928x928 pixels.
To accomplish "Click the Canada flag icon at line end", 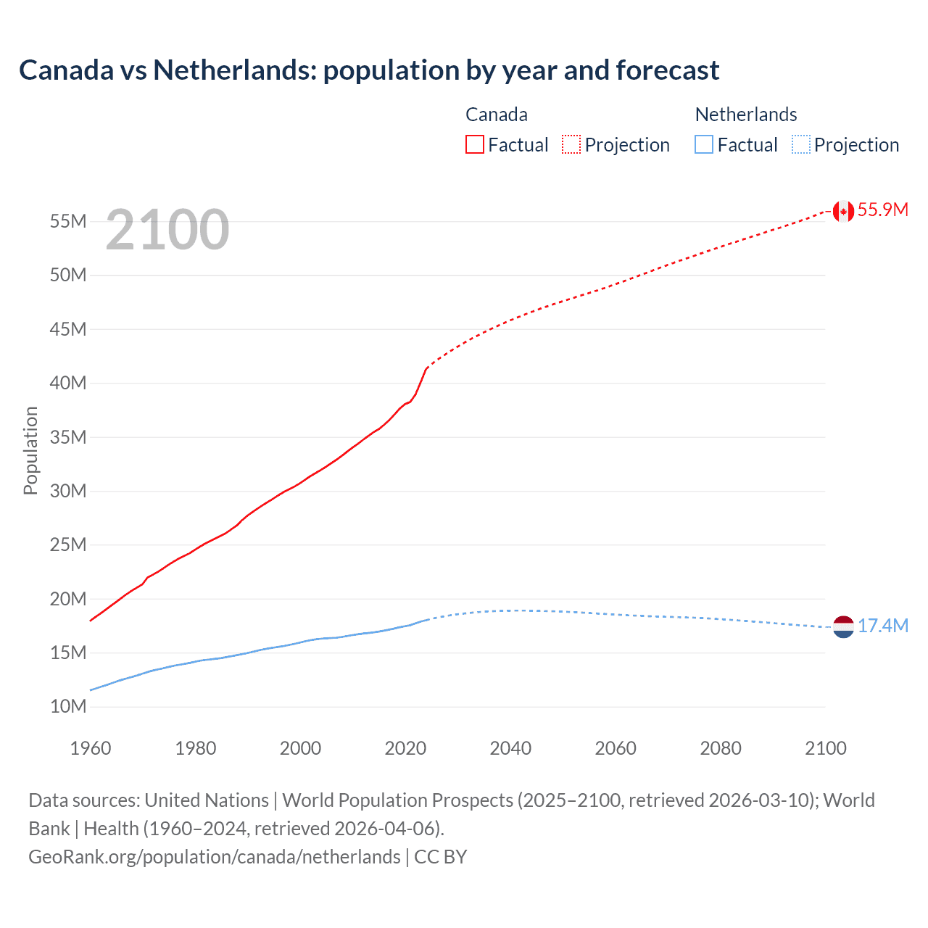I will coord(843,211).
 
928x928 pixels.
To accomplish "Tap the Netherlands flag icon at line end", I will coord(843,626).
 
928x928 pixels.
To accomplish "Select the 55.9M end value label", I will coord(882,210).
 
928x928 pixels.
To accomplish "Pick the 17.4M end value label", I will coord(882,626).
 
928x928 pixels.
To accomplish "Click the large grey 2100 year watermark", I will coord(167,231).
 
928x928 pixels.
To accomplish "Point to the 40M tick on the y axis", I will coord(68,383).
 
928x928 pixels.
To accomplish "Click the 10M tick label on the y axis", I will coord(68,706).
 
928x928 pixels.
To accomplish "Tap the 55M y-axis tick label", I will coord(68,221).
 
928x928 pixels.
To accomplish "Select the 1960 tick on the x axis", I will coord(91,748).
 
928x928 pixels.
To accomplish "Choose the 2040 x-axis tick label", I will coord(510,748).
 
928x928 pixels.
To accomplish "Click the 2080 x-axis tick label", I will coord(721,748).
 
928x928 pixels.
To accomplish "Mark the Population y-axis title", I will coord(30,450).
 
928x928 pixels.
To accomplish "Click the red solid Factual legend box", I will coord(474,144).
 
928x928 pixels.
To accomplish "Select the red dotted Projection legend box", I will coord(571,144).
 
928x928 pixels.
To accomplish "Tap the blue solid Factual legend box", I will coord(704,144).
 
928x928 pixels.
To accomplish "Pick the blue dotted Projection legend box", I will coord(801,144).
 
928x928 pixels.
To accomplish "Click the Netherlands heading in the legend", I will coord(746,115).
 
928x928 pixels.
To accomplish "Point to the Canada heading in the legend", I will coord(497,115).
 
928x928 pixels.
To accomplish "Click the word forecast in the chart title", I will coord(668,70).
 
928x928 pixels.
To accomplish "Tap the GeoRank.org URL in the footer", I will coord(215,857).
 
